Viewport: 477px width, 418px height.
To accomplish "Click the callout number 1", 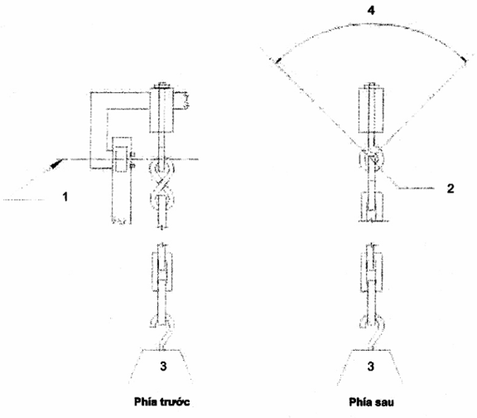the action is [x=65, y=197].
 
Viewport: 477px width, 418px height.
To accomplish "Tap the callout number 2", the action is [x=450, y=188].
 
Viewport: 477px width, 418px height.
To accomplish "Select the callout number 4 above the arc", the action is [x=371, y=10].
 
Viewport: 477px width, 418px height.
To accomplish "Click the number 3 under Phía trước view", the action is [x=163, y=366].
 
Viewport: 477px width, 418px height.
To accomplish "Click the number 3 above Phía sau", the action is [x=370, y=366].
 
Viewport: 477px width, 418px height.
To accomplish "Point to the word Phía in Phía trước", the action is [x=145, y=401].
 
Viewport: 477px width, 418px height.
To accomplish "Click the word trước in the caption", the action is [x=174, y=402].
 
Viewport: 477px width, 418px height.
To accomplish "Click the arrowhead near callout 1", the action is [x=57, y=163].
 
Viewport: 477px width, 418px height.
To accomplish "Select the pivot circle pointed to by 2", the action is [x=372, y=158].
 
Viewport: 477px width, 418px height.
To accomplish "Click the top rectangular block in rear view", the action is [x=371, y=110].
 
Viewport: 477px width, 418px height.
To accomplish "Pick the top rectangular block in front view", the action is [x=161, y=109].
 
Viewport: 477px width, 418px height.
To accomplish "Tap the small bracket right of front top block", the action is [x=181, y=100].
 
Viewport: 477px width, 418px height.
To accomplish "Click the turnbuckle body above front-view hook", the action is [x=161, y=272].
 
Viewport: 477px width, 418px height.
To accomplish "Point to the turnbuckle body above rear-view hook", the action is [x=371, y=272].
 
